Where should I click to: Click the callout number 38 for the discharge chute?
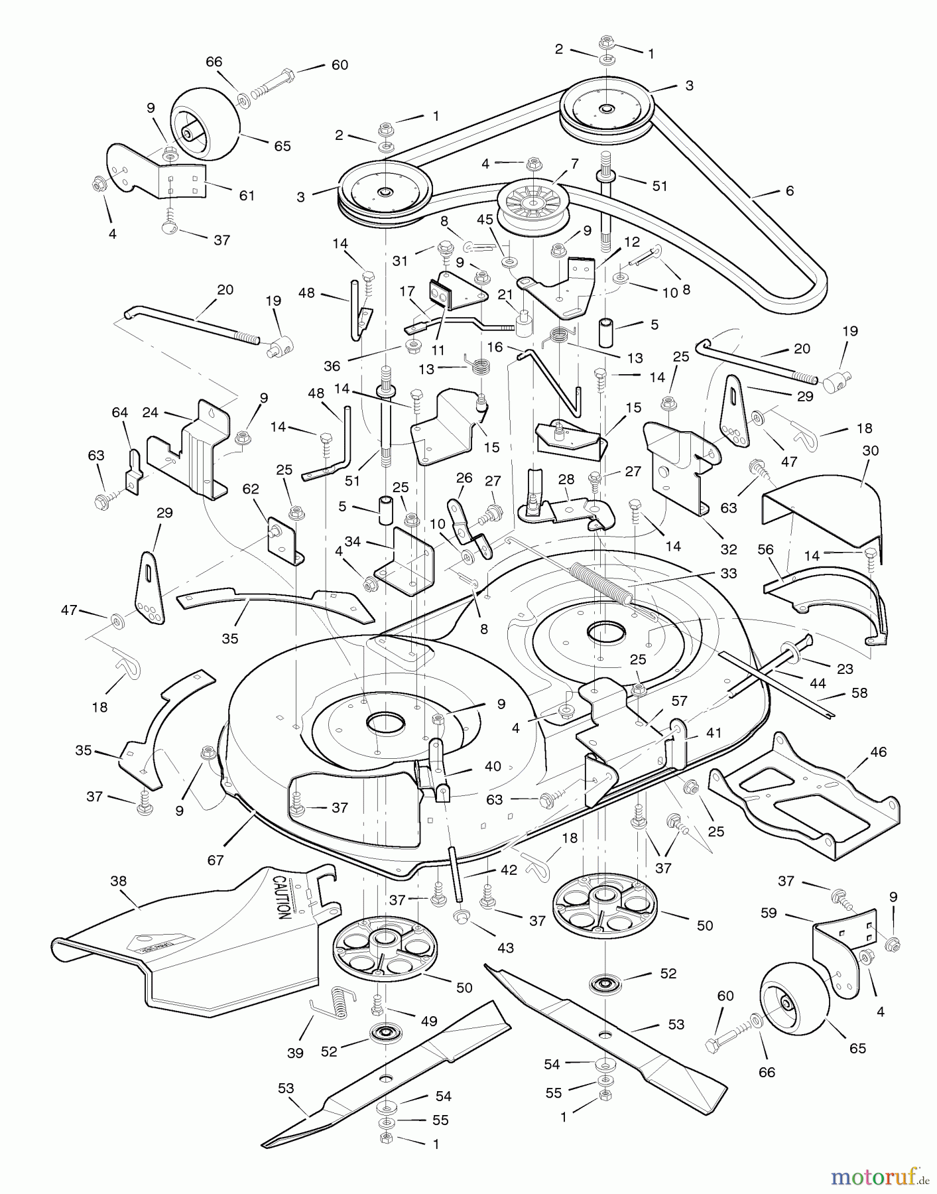coord(118,882)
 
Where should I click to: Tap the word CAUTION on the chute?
coord(280,897)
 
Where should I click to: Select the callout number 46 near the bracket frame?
coord(878,752)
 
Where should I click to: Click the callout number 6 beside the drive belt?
coord(789,190)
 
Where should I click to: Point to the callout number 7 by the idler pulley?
coord(574,163)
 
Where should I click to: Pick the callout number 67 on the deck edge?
coord(216,860)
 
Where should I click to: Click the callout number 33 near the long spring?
coord(728,573)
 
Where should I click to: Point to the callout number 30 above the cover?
coord(870,451)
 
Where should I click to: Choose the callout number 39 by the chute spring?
coord(295,1053)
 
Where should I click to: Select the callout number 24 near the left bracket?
coord(151,413)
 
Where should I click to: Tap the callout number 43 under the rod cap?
coord(505,949)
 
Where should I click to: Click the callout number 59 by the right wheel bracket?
coord(769,913)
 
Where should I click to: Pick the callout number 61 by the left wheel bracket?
coord(247,196)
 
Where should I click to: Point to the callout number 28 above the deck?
coord(566,480)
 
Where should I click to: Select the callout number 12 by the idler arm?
coord(632,243)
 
